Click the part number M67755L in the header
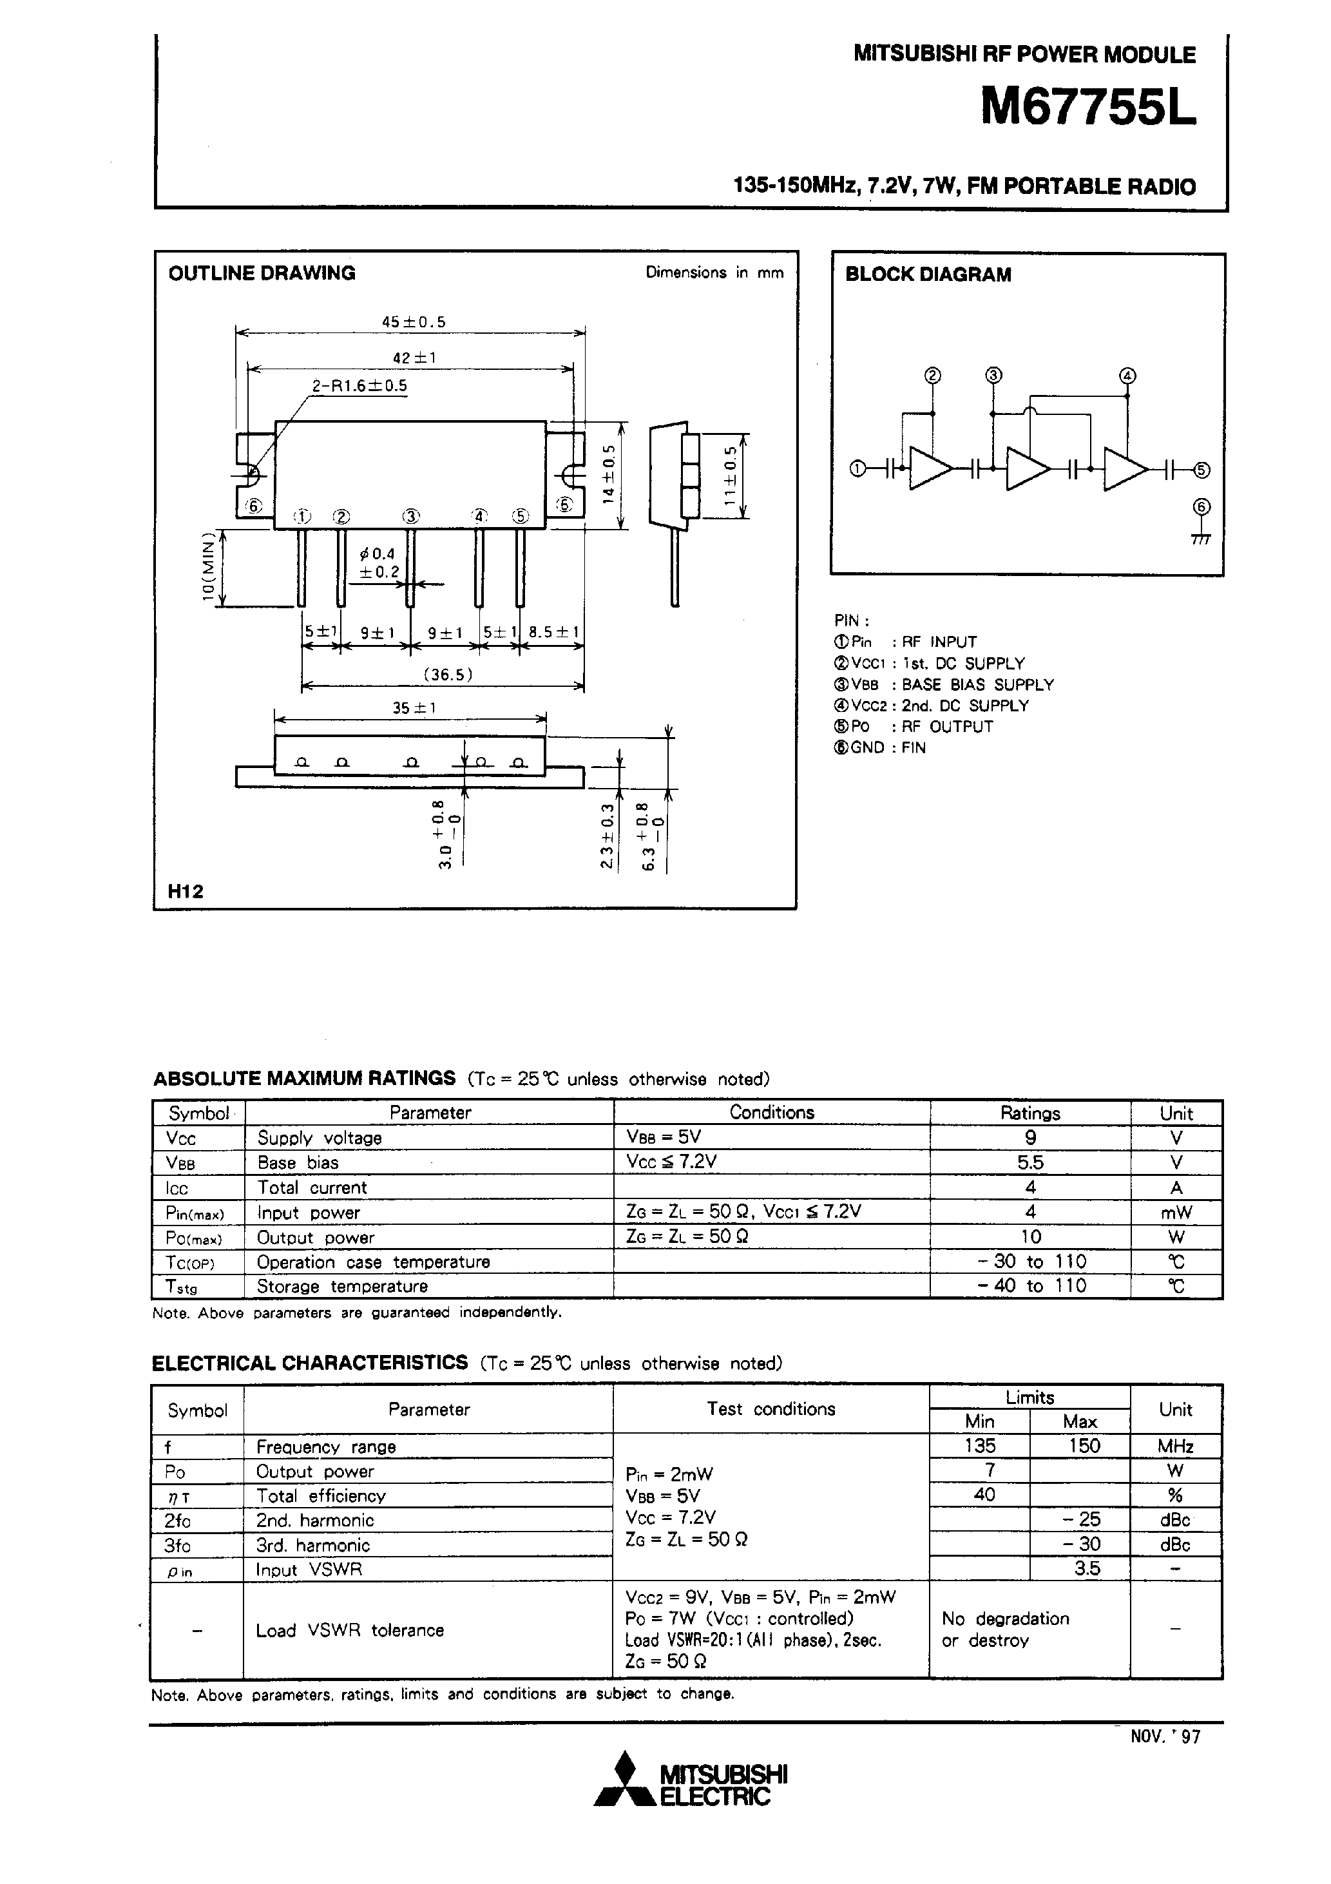click(1088, 108)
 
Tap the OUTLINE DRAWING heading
click(262, 273)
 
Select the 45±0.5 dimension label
click(414, 322)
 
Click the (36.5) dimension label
click(448, 675)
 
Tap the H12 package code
click(186, 891)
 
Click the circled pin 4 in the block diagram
click(1127, 376)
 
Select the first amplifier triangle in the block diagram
click(930, 468)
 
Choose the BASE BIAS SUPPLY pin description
click(977, 684)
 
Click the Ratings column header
click(1030, 1113)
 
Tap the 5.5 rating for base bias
click(1030, 1163)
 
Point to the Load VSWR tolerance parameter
click(350, 1630)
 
